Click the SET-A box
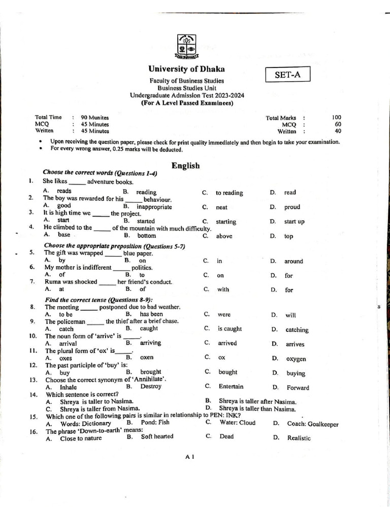287,75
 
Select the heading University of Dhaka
186,69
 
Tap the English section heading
185,166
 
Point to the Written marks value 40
338,131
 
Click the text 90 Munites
95,118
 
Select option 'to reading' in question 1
229,193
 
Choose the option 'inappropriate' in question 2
154,207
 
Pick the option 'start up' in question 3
294,221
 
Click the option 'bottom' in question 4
147,236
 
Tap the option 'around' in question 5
294,262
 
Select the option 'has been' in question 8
151,314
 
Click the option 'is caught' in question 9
230,329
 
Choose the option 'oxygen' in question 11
296,359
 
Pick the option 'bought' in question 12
228,372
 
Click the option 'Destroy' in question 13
151,386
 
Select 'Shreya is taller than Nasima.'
257,409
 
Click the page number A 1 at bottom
190,457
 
